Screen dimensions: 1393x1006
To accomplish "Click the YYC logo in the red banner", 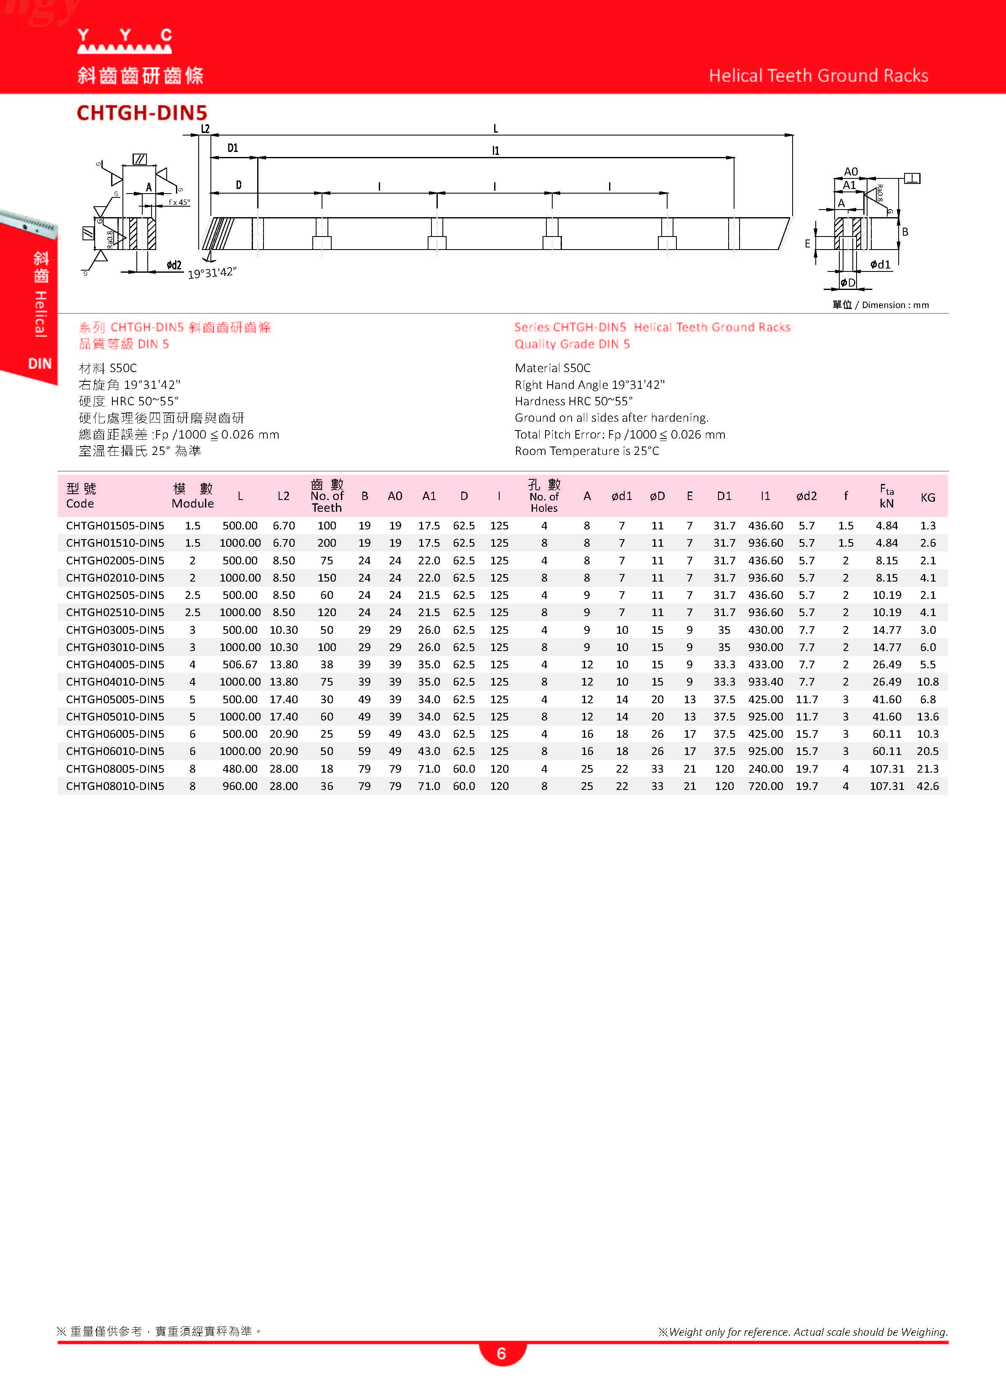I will click(125, 41).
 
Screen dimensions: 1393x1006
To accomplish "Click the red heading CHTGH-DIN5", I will click(142, 113).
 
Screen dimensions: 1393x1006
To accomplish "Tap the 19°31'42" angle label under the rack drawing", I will click(212, 273).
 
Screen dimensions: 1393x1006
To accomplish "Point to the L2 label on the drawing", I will click(205, 129).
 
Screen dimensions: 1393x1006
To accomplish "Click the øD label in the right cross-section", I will click(848, 282).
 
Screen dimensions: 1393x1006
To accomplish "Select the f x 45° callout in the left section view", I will click(179, 202).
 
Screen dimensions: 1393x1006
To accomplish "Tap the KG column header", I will click(927, 497).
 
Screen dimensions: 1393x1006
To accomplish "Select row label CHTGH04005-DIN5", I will click(115, 665).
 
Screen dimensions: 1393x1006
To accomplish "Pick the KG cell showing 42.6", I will click(927, 786).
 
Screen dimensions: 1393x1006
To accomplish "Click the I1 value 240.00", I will click(765, 769).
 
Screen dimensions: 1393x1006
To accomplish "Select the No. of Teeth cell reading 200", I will click(327, 543).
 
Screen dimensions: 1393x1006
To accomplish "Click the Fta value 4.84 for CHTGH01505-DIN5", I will click(886, 526).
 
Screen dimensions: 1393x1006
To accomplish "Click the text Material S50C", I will click(552, 368).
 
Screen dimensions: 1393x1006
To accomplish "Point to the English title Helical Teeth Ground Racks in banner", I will click(818, 76).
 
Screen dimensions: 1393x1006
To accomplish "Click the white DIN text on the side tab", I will click(40, 364).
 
